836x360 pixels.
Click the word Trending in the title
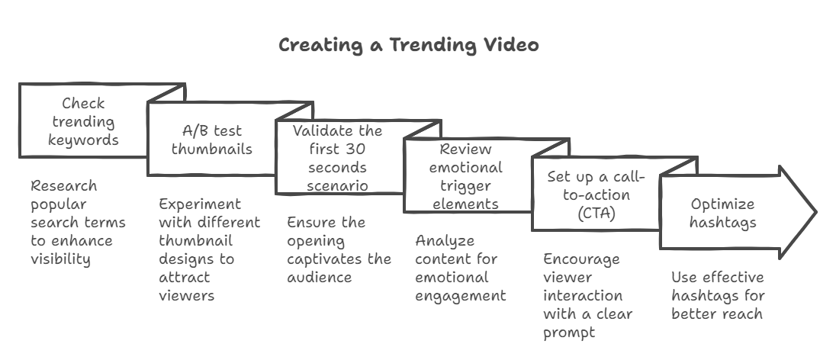tap(433, 45)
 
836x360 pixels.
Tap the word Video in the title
tap(511, 45)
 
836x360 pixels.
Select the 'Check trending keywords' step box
tap(83, 122)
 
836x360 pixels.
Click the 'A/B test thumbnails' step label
tap(211, 140)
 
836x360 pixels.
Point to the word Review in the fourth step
tap(465, 149)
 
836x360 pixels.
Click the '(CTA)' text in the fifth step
tap(596, 213)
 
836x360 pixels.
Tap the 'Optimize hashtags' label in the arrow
tap(722, 213)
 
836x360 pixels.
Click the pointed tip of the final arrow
tap(815, 211)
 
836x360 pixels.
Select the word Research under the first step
tap(64, 185)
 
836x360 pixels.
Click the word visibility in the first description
tap(60, 259)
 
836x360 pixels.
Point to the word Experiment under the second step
tap(200, 204)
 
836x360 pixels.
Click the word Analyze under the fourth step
tap(445, 240)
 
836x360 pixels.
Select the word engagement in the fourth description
tap(460, 295)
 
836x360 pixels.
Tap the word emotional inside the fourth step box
tap(465, 167)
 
